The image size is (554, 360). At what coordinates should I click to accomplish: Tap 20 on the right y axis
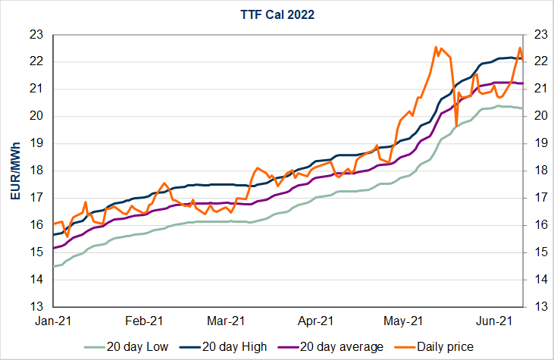(537, 116)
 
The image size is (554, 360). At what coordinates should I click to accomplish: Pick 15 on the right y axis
(537, 252)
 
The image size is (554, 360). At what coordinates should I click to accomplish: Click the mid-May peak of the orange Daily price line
(437, 47)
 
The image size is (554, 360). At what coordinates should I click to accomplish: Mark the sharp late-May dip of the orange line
(456, 125)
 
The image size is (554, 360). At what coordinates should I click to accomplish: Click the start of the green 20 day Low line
(54, 266)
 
